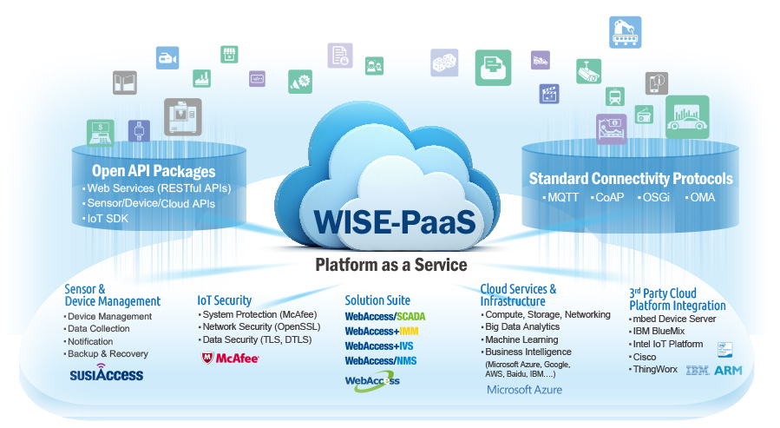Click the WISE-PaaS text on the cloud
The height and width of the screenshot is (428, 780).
[x=395, y=222]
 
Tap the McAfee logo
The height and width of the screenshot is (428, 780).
[x=230, y=358]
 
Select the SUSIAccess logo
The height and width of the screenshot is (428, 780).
[x=107, y=372]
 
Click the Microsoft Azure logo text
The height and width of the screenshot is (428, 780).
[x=524, y=390]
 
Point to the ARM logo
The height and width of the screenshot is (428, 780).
[x=728, y=371]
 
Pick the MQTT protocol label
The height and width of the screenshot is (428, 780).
[x=563, y=198]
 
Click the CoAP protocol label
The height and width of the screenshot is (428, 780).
[x=609, y=198]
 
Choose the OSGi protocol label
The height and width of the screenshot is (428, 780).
[x=656, y=198]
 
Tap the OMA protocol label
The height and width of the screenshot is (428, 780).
[x=703, y=198]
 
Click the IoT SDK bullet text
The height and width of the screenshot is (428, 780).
[x=108, y=219]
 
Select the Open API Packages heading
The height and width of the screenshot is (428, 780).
[x=154, y=171]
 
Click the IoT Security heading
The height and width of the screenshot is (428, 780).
[x=225, y=300]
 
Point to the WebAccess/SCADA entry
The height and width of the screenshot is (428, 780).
[x=385, y=317]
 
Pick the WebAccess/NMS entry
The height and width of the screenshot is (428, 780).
[x=381, y=361]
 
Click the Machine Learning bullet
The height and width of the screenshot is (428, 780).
[x=521, y=339]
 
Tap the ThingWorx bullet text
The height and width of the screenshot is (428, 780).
[x=655, y=369]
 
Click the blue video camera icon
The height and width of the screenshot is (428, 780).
[x=167, y=58]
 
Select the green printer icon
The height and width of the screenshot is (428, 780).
[x=493, y=68]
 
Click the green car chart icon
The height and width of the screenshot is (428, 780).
[x=687, y=117]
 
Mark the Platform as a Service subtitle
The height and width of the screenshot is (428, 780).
[x=391, y=265]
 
